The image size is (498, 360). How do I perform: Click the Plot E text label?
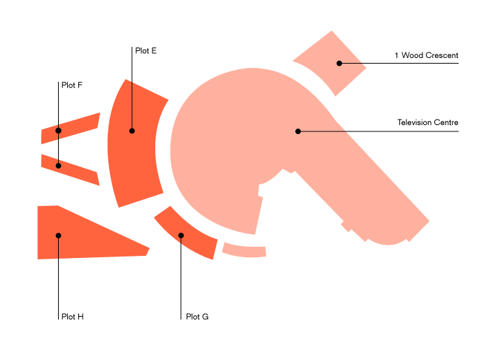coord(146,50)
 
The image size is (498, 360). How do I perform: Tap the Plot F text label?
coord(72,85)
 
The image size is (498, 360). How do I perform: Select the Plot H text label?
coord(73,317)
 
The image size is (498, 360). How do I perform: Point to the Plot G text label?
coord(197,317)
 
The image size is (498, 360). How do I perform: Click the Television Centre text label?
coord(427,122)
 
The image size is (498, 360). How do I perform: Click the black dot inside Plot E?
coord(132,131)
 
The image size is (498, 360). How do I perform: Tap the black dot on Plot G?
coord(181,235)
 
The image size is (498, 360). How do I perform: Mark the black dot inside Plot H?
coord(59,236)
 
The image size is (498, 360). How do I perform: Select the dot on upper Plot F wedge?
coord(59,131)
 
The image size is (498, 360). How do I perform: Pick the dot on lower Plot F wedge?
coord(59,166)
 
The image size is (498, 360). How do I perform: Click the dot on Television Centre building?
coord(298,131)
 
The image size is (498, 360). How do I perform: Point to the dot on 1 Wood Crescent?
coord(339,64)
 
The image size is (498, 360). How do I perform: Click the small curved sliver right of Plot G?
coord(244,250)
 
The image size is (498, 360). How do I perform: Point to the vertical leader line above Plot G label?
coord(181,280)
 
